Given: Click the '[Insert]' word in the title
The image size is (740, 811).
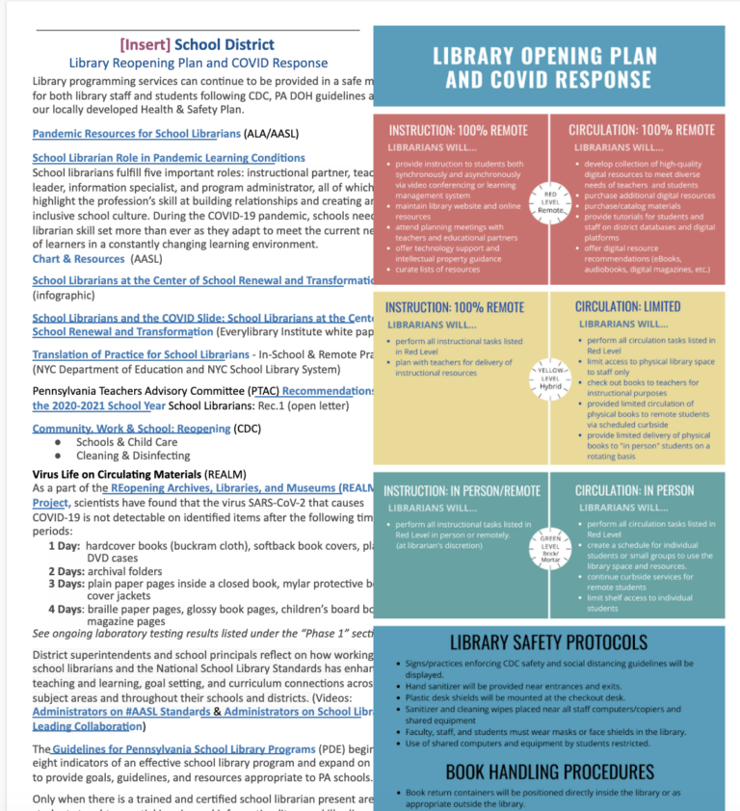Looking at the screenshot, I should (145, 44).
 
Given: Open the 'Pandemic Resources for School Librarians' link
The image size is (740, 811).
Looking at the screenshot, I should (136, 134).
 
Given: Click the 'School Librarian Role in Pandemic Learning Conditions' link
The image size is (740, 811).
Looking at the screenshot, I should (169, 157).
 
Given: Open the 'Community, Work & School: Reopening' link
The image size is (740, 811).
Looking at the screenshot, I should (130, 428).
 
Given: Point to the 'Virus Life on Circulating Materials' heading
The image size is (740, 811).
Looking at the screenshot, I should (117, 475).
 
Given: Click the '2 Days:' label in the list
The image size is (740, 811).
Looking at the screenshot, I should (66, 570).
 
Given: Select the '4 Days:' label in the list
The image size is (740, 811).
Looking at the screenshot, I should (66, 609).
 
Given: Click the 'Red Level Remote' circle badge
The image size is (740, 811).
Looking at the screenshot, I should (549, 203).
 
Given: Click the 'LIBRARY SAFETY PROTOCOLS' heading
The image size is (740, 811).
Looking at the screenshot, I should (548, 642).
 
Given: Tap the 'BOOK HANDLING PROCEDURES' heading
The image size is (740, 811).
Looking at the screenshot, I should (549, 771).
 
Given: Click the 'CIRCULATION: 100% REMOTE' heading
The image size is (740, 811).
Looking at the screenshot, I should (641, 129).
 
